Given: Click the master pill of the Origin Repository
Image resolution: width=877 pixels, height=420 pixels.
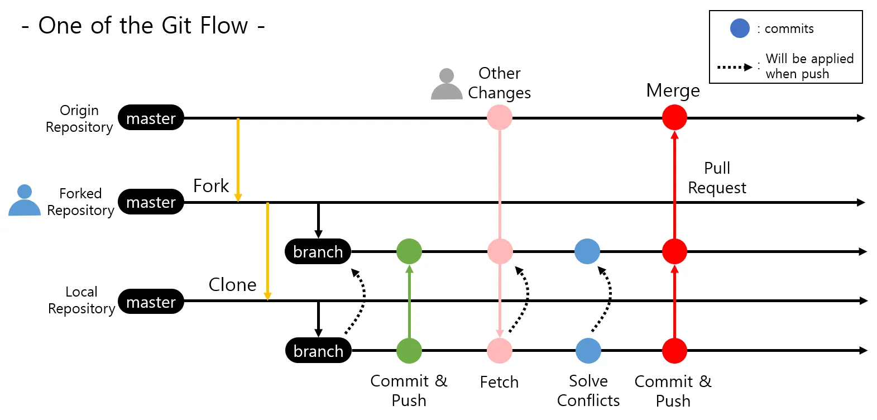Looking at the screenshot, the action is [151, 117].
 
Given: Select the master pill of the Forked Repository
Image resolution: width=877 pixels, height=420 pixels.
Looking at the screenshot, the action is [151, 202].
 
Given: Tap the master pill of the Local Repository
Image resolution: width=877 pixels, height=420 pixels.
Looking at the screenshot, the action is [151, 301].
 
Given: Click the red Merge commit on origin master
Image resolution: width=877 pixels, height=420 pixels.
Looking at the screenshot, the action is [674, 117].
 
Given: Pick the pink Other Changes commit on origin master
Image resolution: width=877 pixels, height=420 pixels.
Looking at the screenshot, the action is [500, 117].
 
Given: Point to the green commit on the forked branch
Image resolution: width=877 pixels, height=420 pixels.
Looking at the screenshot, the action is [409, 251].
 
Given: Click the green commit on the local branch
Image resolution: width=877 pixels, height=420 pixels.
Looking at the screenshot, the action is [409, 351].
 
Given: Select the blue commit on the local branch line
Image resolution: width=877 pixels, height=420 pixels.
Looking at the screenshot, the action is [588, 351].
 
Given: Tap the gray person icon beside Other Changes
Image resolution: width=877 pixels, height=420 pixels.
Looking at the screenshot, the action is [447, 84].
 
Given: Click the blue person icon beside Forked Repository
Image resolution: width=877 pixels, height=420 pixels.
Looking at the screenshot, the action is [25, 200].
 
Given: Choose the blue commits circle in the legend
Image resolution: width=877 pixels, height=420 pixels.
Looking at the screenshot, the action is [740, 28].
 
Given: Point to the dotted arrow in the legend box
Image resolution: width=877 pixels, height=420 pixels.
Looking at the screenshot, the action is [735, 68].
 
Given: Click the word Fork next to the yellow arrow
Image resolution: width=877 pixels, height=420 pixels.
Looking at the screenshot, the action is [211, 186].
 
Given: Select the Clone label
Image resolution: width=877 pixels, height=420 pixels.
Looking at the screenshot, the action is [233, 284].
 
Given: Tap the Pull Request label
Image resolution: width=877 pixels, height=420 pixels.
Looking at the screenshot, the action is [717, 178].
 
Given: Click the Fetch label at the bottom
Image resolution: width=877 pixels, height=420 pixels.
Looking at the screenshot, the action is [499, 382].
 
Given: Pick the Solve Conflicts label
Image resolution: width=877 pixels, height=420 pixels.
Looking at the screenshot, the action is [588, 390].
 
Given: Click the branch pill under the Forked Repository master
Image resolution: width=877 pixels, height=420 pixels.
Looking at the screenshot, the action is [318, 251].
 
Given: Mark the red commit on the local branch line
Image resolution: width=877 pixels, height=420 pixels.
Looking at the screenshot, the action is [674, 351].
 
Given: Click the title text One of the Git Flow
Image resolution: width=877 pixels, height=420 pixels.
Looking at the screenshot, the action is [143, 26].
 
